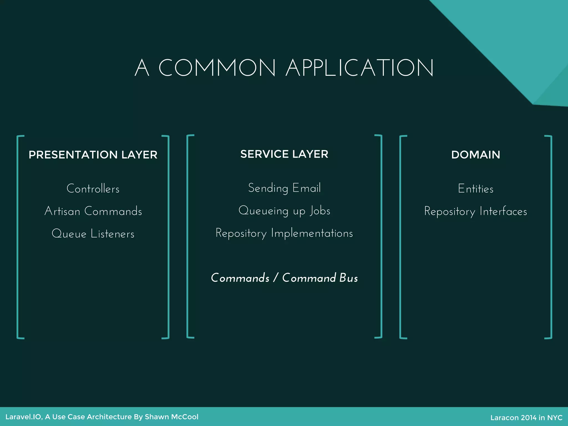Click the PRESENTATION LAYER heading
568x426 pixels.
coord(93,155)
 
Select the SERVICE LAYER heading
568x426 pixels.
coord(284,154)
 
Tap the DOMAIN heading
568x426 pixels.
coord(476,155)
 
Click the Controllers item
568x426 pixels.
coord(93,189)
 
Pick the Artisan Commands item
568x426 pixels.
coord(93,211)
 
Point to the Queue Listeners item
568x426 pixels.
coord(93,234)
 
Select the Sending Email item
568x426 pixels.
coord(284,188)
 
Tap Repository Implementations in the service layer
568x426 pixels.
coord(284,233)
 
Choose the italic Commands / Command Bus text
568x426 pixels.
coord(284,278)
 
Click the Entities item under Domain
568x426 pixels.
coord(476,189)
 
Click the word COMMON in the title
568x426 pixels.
coord(217,68)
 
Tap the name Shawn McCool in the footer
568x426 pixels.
coord(171,417)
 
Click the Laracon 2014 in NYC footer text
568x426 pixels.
coord(526,418)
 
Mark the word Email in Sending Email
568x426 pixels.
coord(306,188)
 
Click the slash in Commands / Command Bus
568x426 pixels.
coord(276,278)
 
